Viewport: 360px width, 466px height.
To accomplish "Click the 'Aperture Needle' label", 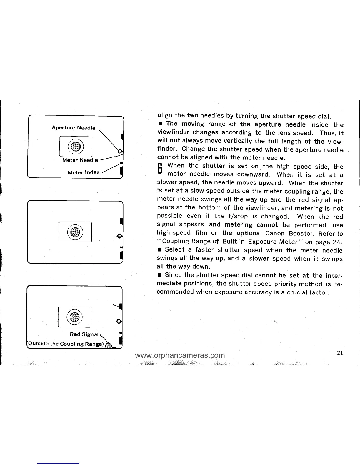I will tap(74, 128).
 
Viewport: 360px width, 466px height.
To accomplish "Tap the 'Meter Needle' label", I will tap(80, 160).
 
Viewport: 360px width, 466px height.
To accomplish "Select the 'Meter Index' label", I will tap(84, 172).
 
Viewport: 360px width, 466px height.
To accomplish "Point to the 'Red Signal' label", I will tap(84, 334).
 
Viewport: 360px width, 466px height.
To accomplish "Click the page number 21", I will tap(340, 353).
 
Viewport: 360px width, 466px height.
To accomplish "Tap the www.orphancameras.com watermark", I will tap(180, 355).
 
